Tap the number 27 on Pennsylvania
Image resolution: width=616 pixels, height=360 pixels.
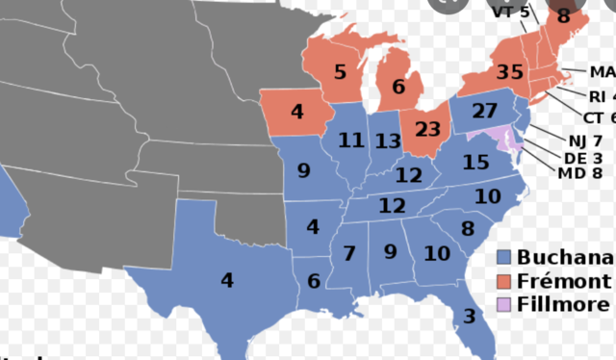[485, 110]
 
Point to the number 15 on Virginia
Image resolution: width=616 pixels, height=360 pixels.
[476, 163]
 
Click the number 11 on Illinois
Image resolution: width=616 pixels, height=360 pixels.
[350, 141]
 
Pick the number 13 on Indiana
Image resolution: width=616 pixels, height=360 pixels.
[388, 142]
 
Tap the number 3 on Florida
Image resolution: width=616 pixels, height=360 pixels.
[470, 316]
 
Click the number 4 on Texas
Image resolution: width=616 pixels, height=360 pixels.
[227, 281]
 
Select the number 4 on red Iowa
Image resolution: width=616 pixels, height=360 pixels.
[297, 112]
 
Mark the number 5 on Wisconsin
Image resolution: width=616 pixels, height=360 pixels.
[340, 72]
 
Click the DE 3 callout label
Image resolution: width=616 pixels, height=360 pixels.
[580, 157]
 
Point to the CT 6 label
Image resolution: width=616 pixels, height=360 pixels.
[599, 116]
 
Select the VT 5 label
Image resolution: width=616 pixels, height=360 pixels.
[510, 13]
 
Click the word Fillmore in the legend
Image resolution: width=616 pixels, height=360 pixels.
[563, 304]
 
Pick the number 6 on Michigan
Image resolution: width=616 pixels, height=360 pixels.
[398, 87]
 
